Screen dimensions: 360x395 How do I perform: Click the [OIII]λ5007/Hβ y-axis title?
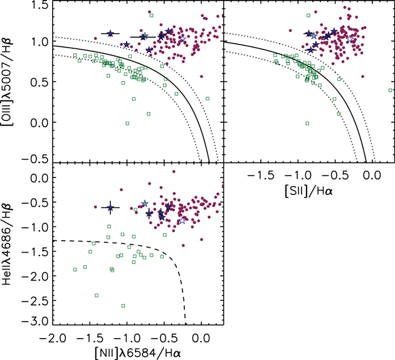click(x=11, y=82)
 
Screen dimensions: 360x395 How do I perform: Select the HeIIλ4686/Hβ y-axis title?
click(x=11, y=242)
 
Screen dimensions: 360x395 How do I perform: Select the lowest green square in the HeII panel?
click(x=123, y=305)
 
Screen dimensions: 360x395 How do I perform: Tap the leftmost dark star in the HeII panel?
click(x=110, y=208)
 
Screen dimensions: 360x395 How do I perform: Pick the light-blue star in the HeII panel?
click(x=145, y=203)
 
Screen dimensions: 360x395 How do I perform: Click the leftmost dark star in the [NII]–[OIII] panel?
click(x=110, y=33)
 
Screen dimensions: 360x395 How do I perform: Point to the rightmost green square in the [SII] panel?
click(x=391, y=90)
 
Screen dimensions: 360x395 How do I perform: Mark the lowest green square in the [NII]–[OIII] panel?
click(x=127, y=123)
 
